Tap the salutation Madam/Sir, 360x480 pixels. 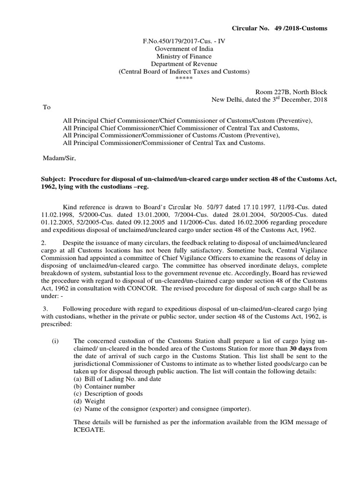click(x=59, y=158)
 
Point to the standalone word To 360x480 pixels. click(x=47, y=107)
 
